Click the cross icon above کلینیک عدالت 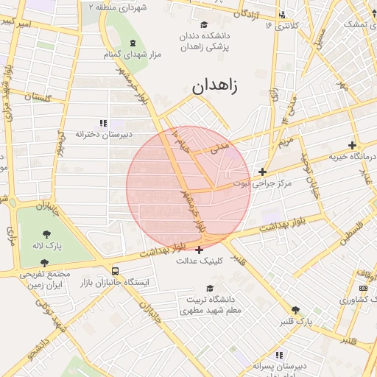(x=199, y=250)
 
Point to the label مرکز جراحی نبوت (x=263, y=182)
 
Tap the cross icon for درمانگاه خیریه (x=353, y=145)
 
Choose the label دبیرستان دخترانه (x=105, y=134)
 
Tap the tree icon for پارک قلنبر (x=295, y=311)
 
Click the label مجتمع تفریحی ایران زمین (x=45, y=278)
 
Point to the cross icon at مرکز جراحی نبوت (x=262, y=172)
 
